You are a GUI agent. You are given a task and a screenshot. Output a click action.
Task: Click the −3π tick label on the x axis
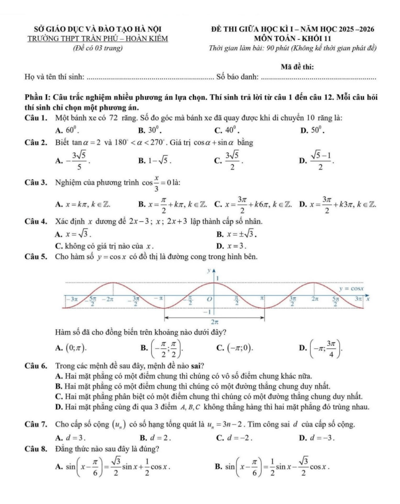click(x=71, y=298)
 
